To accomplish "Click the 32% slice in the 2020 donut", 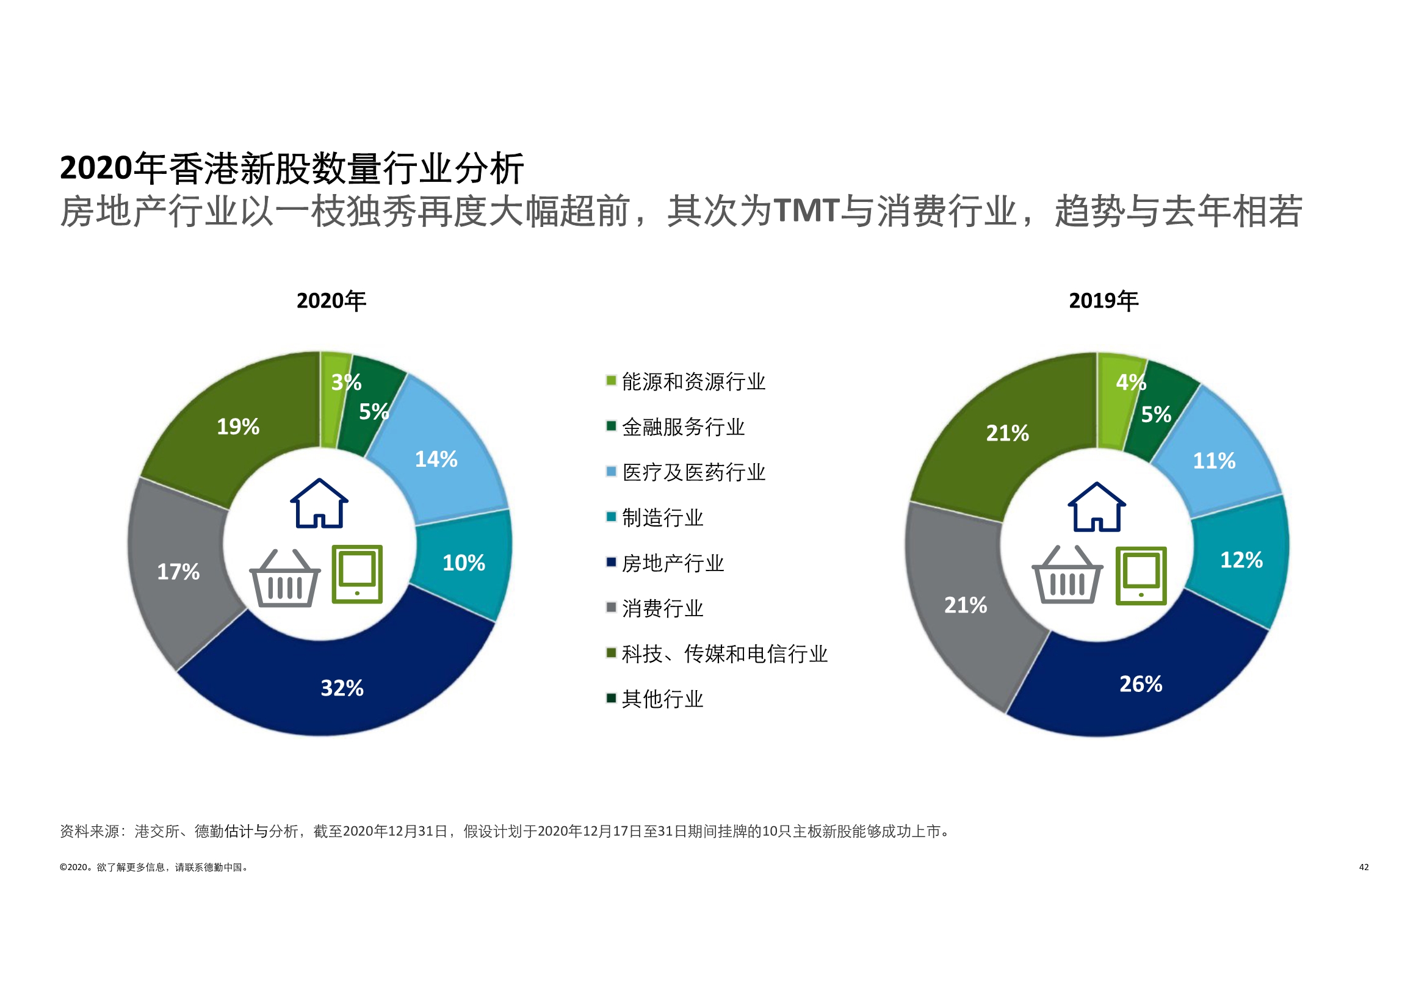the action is point(342,688).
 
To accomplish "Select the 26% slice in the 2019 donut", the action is point(1141,684).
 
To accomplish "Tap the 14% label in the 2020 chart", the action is point(436,459).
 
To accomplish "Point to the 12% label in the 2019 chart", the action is point(1241,560).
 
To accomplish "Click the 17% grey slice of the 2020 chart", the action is point(178,572).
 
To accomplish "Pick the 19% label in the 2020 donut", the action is point(238,427).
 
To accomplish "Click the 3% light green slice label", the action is point(345,382).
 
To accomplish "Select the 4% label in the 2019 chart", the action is point(1130,382).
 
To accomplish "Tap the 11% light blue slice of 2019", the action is point(1214,461).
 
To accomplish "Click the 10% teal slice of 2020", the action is point(464,563).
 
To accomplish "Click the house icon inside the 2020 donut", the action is point(319,504).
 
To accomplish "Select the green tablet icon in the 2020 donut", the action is point(358,574).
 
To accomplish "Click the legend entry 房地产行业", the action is point(673,564).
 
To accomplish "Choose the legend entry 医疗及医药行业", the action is point(693,472).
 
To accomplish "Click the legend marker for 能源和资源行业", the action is point(611,380).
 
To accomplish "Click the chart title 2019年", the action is point(1103,301).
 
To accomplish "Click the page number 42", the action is point(1364,867).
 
